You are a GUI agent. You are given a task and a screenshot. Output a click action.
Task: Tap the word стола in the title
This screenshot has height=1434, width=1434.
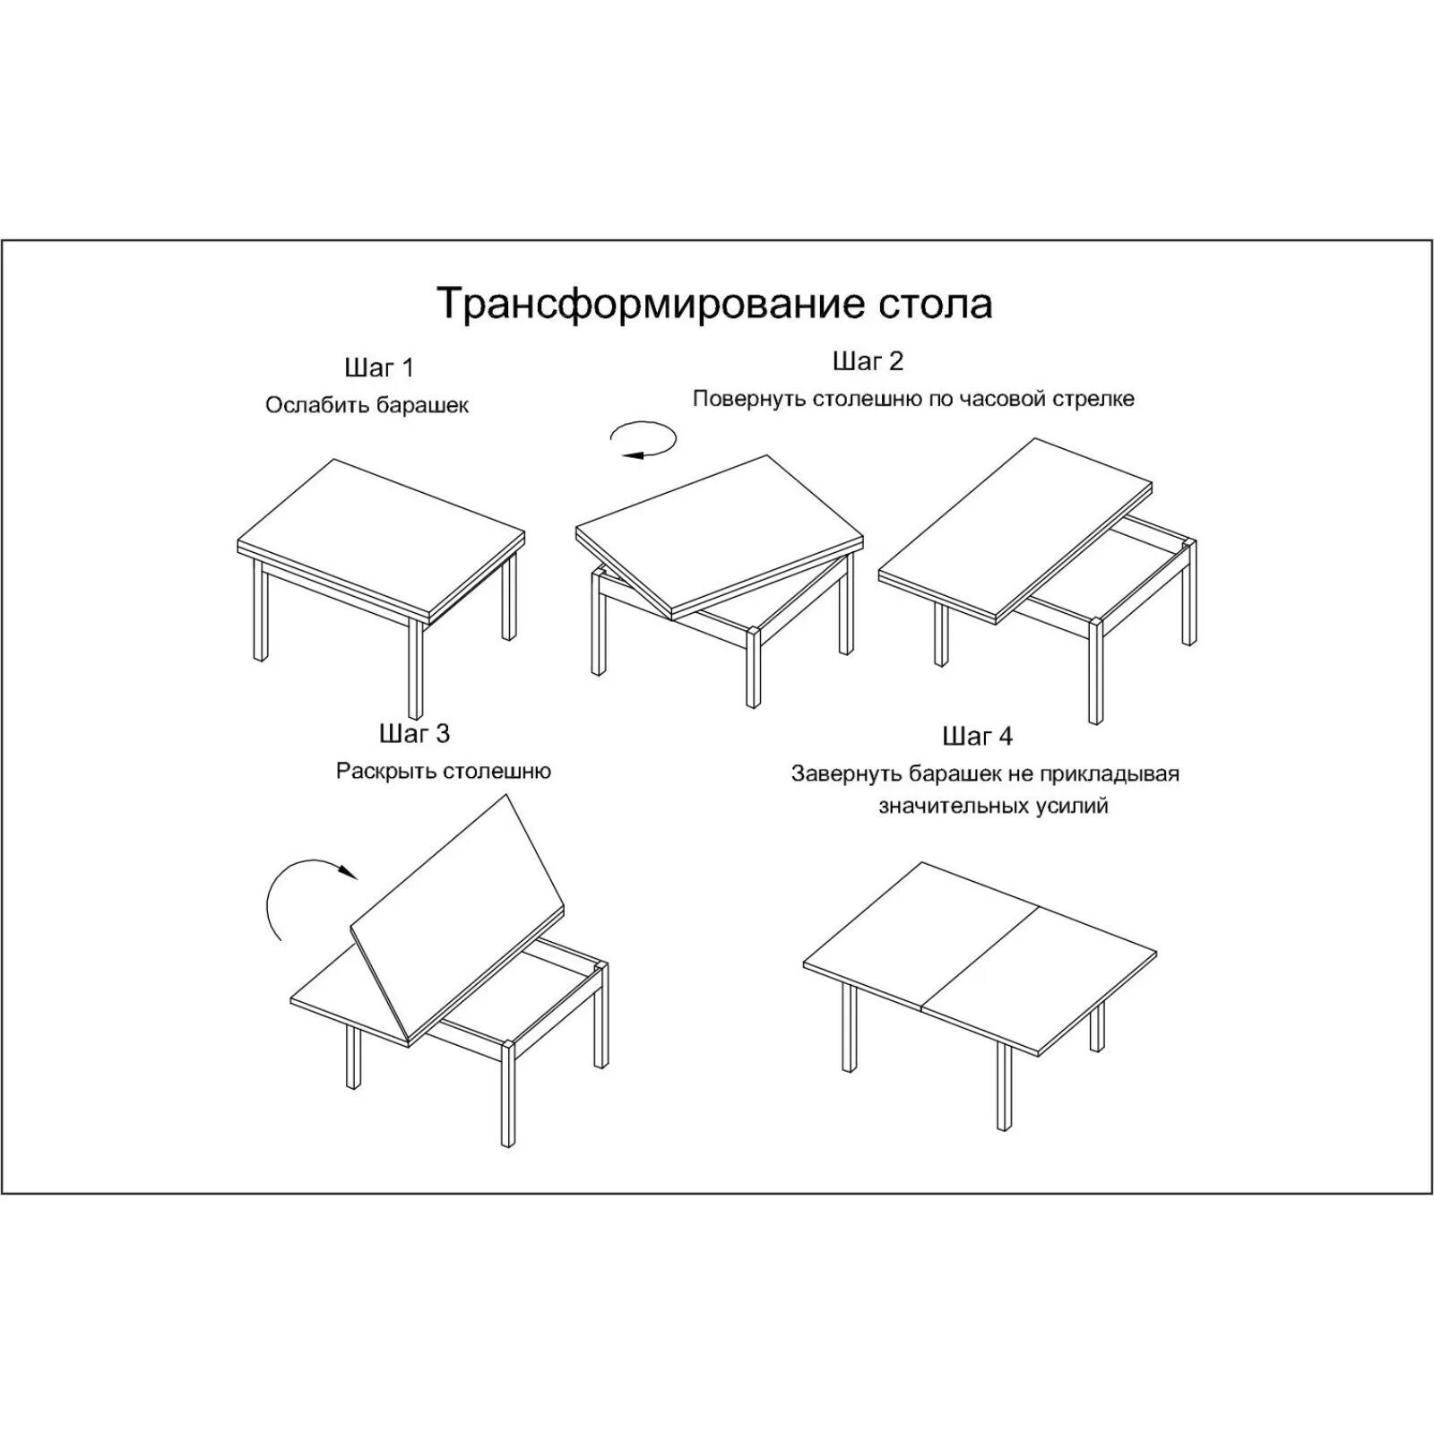click(x=931, y=304)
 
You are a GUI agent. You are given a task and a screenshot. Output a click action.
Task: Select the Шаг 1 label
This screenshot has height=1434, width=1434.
click(x=379, y=367)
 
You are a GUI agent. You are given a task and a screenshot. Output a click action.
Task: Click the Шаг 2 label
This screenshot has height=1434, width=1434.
click(x=868, y=361)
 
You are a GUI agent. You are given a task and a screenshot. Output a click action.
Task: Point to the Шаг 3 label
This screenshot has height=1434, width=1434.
click(x=414, y=734)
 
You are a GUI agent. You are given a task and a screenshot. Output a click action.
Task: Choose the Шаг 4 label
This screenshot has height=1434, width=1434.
click(x=977, y=737)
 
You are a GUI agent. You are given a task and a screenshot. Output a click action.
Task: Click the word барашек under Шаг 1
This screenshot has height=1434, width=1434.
click(x=421, y=405)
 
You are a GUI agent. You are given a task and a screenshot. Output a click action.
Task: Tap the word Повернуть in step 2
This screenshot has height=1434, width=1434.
click(x=749, y=399)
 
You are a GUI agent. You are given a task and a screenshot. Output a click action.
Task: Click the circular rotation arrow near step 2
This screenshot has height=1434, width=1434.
click(x=643, y=440)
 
